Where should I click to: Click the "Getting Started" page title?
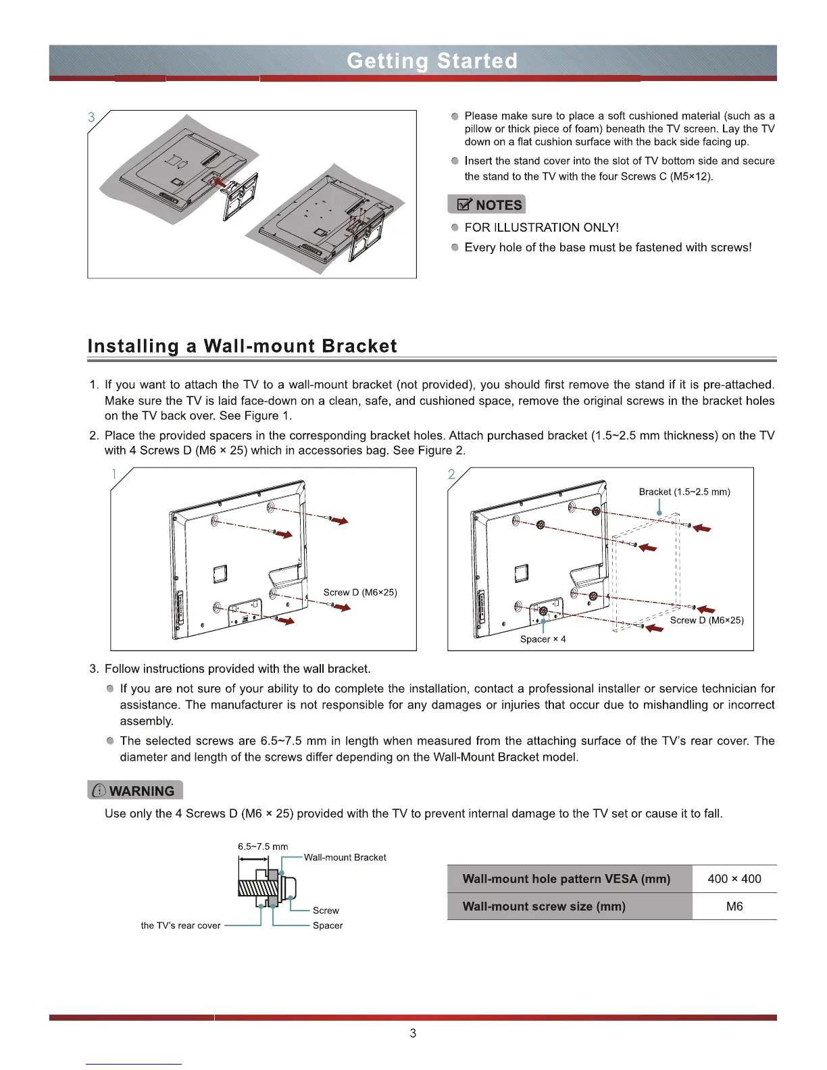coord(432,61)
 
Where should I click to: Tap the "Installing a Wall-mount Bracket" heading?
coord(242,346)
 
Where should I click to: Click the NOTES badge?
coord(486,205)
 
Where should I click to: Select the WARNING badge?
coord(135,790)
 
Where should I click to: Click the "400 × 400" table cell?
coord(734,879)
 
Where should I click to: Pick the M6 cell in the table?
coord(734,907)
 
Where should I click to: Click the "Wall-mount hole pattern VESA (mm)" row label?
coord(566,879)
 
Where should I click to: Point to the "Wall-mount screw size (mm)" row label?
coord(544,907)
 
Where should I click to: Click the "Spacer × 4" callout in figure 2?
coord(543,639)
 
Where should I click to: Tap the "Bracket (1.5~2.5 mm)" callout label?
coord(684,492)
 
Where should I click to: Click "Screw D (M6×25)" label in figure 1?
coord(360,592)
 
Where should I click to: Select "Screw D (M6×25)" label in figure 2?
coord(707,620)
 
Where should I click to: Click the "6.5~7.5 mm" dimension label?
coord(263,846)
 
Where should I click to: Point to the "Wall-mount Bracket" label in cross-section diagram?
coord(345,857)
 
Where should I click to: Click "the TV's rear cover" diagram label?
coord(180,925)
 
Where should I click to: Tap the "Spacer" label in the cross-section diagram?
coord(328,925)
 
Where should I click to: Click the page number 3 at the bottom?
coord(413,1033)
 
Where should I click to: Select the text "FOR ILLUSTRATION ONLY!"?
coord(541,228)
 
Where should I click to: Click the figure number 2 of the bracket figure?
coord(451,474)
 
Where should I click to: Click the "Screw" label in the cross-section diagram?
coord(326,911)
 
